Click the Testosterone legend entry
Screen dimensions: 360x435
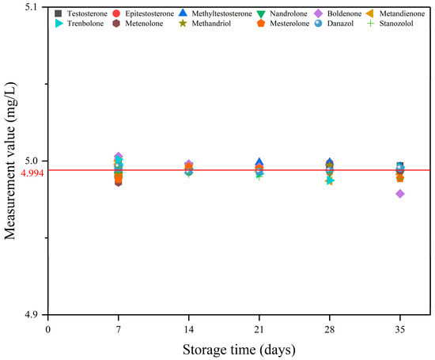(89, 14)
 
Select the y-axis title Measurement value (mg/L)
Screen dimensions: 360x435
(10, 162)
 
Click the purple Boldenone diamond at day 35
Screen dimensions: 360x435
(400, 194)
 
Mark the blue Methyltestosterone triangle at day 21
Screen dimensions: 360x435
(259, 162)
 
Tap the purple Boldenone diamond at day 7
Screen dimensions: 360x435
(119, 157)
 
